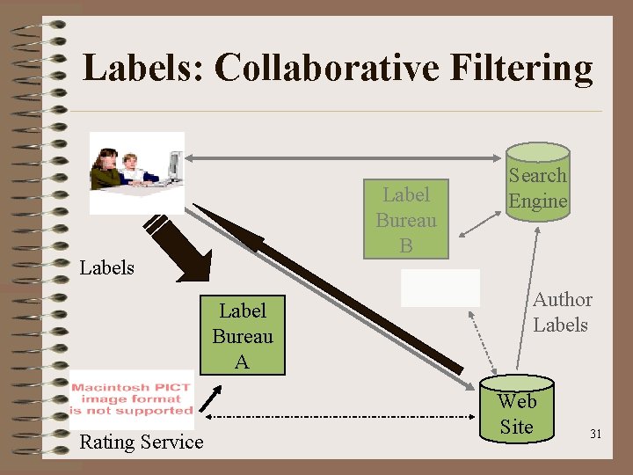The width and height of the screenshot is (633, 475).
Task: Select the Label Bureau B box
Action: tap(405, 220)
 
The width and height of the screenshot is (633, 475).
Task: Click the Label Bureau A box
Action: tap(242, 335)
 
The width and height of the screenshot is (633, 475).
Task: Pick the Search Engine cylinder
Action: tap(537, 185)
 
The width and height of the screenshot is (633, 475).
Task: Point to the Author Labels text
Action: tap(562, 312)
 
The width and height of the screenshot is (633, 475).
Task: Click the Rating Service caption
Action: tap(141, 442)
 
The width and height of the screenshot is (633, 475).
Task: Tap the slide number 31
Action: tap(595, 435)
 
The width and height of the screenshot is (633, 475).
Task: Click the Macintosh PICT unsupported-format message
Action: tap(132, 398)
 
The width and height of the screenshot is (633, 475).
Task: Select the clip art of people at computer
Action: tap(137, 172)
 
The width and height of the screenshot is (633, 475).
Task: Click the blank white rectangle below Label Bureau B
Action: tap(440, 288)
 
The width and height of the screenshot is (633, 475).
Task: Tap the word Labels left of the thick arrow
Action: tap(106, 267)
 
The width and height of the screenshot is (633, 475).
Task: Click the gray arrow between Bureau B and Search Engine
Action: tap(480, 223)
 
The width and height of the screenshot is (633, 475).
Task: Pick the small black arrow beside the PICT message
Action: tap(207, 399)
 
